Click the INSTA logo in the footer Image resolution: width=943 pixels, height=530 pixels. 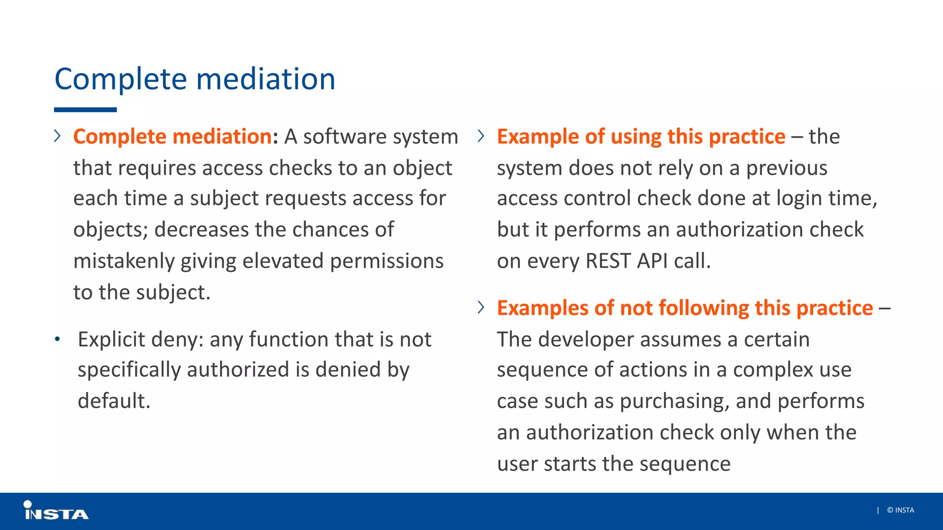click(56, 511)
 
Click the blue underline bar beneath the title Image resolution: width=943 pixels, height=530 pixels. click(85, 110)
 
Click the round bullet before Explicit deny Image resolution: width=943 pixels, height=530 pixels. click(57, 340)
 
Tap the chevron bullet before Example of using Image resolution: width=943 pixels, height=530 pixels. click(481, 136)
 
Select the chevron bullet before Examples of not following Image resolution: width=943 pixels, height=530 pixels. click(481, 307)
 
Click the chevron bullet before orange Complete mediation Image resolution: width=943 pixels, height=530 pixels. click(57, 136)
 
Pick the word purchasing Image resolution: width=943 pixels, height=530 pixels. click(675, 401)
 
